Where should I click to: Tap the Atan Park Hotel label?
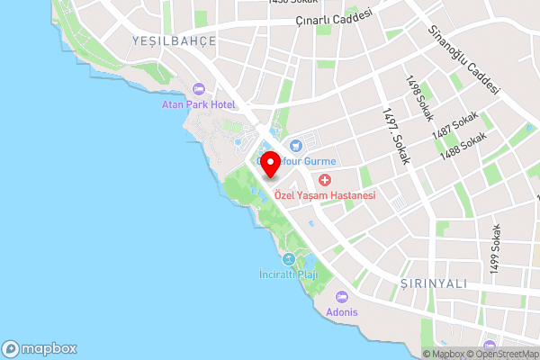[x=198, y=105]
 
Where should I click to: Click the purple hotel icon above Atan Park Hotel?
[x=198, y=89]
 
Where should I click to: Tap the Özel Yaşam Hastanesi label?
[x=325, y=194]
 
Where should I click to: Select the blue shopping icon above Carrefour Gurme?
[x=296, y=144]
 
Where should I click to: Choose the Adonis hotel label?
[x=342, y=312]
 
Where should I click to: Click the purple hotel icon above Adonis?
[x=342, y=297]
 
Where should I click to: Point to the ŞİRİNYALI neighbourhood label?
[x=433, y=283]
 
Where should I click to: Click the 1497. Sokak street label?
[x=395, y=136]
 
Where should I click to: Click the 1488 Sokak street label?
[x=463, y=147]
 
